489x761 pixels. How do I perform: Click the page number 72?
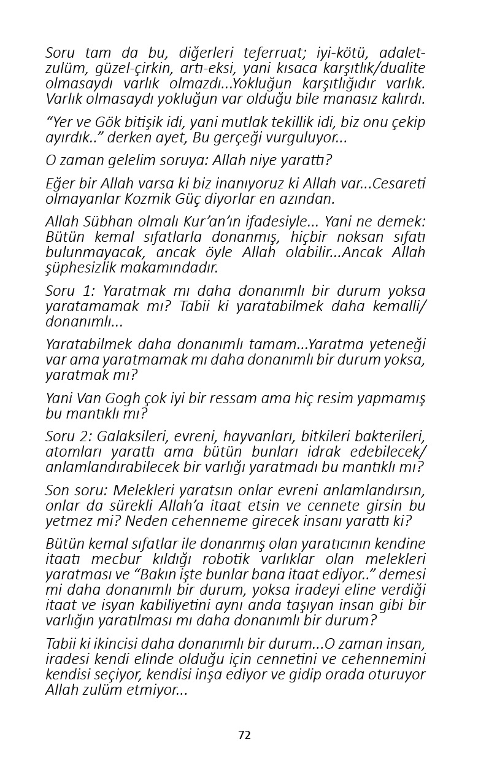(x=244, y=735)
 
